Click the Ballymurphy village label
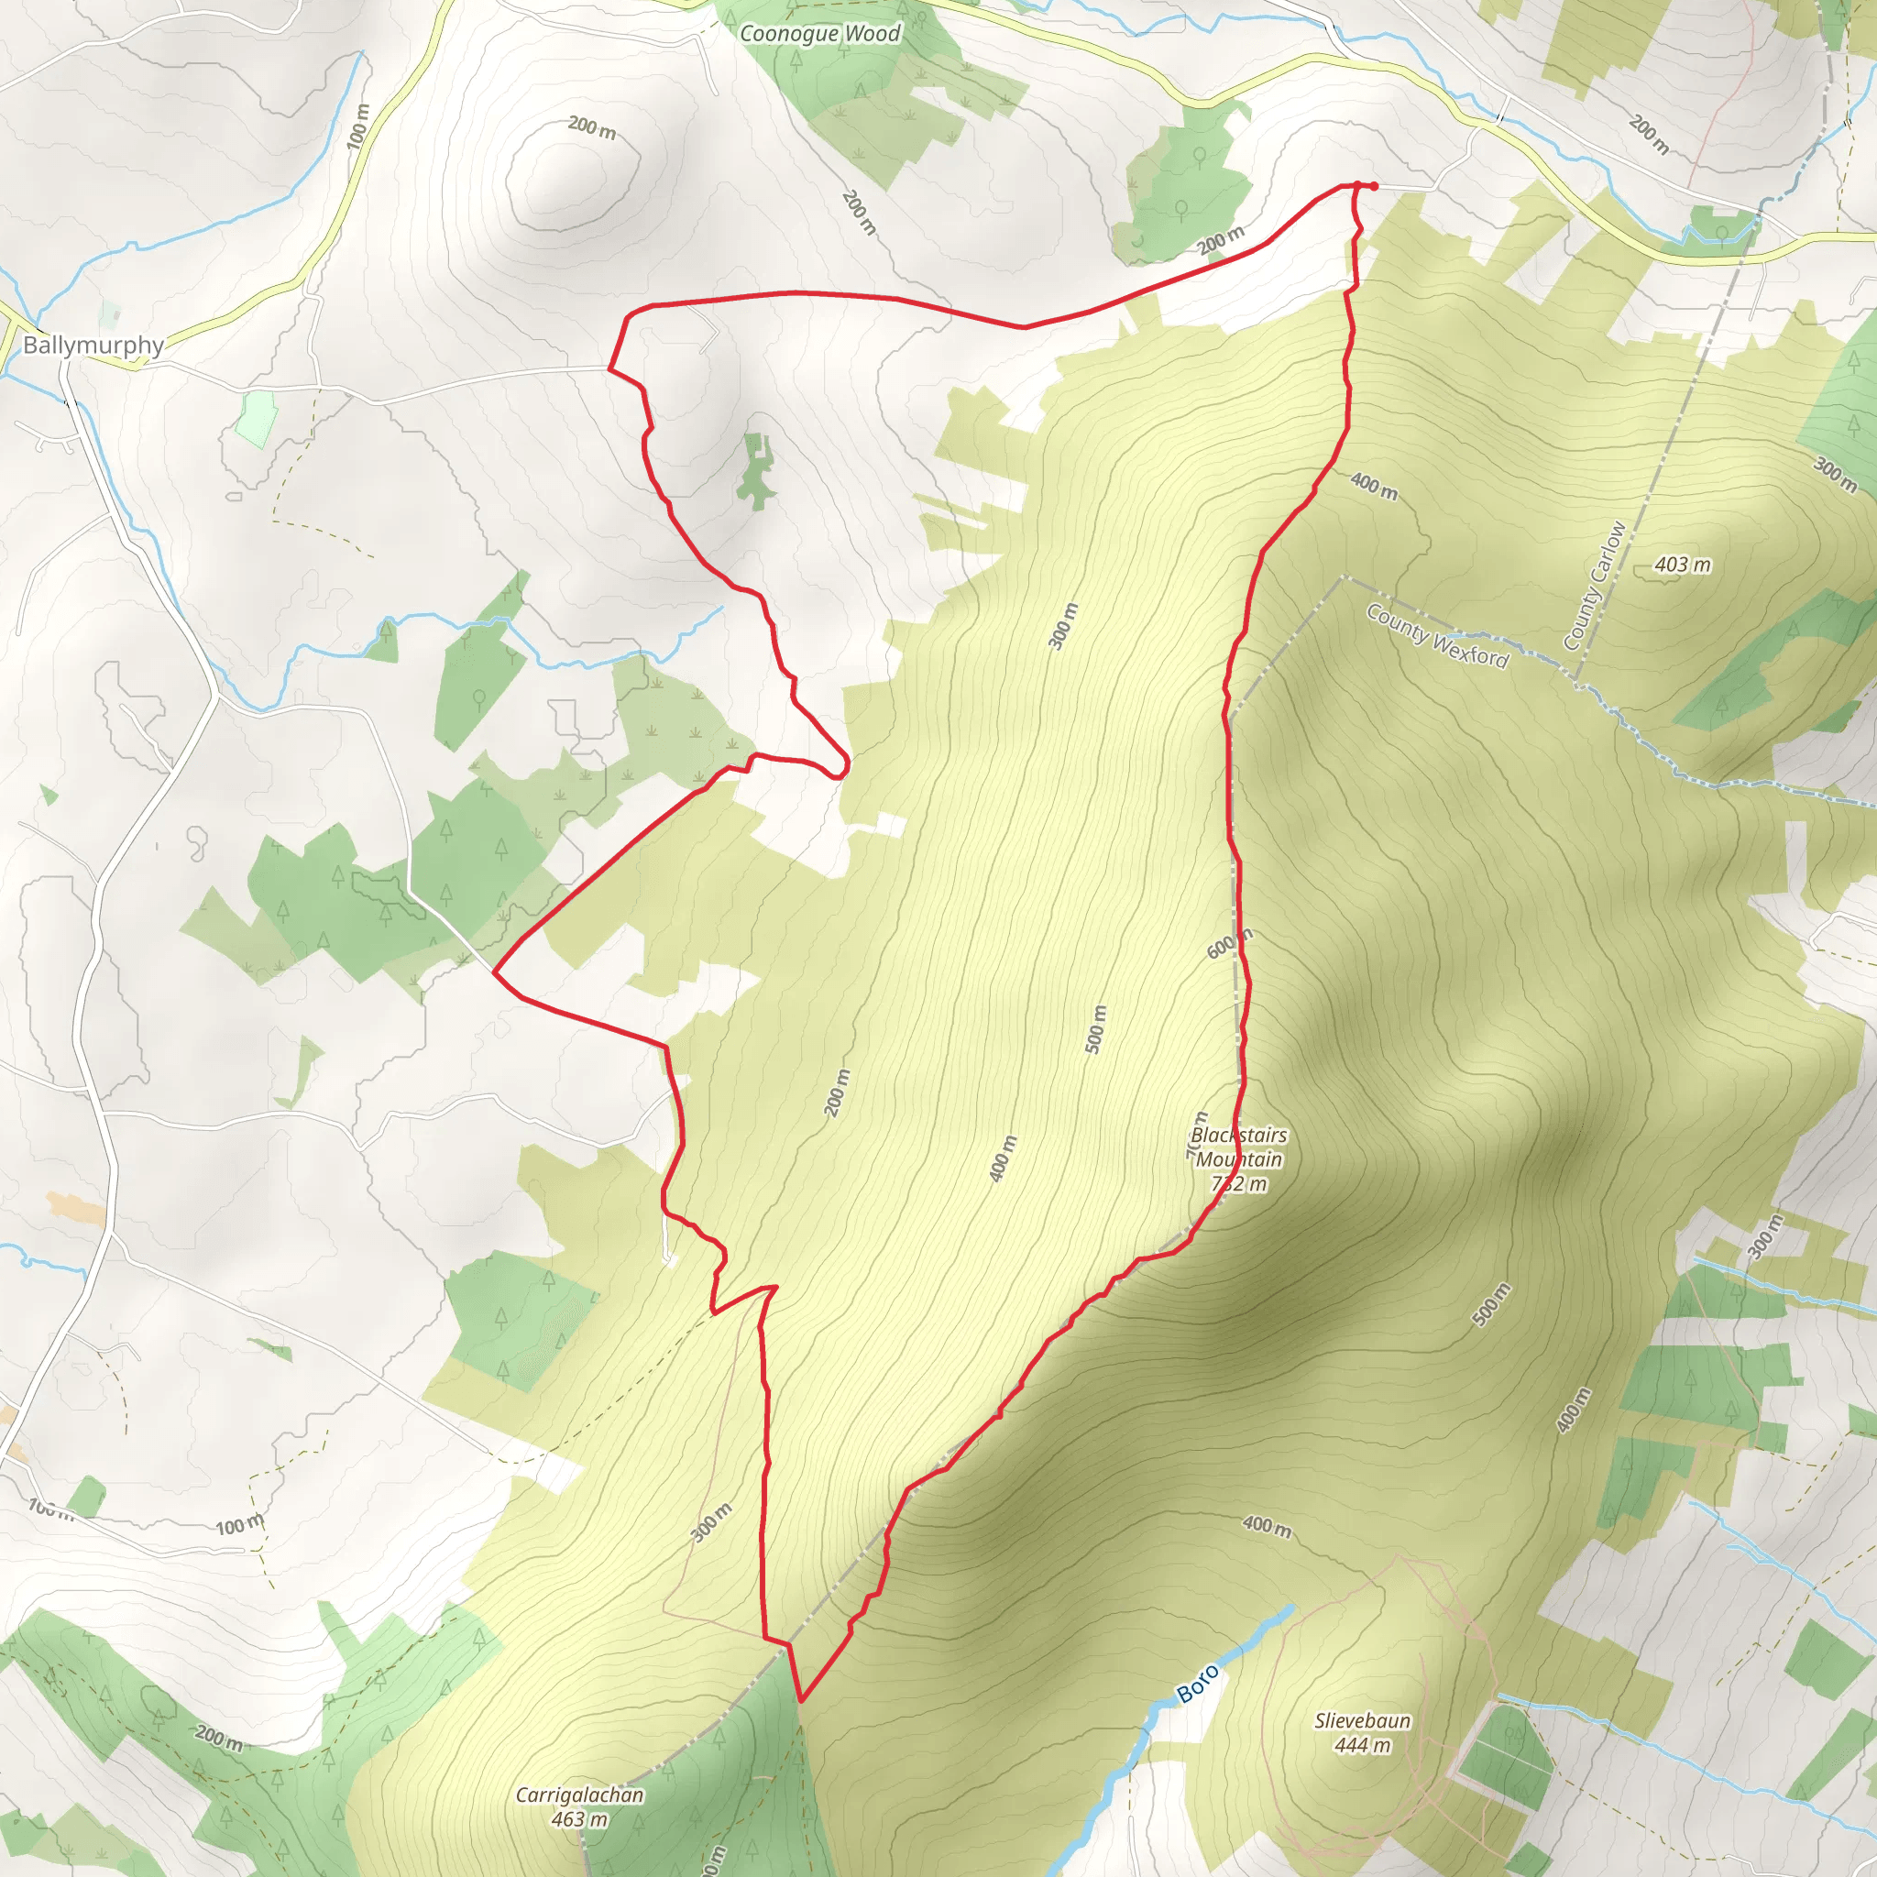[x=93, y=345]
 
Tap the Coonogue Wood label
[x=820, y=34]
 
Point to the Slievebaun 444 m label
[x=1362, y=1732]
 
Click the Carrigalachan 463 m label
[x=579, y=1806]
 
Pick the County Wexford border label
[x=1437, y=636]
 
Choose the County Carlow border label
[x=1595, y=586]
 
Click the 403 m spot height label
[x=1683, y=565]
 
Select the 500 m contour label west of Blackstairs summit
[x=1095, y=1029]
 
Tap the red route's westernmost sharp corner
[x=496, y=971]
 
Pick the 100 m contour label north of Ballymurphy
[x=358, y=125]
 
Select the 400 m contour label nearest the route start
[x=1374, y=486]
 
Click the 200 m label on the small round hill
[x=592, y=127]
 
